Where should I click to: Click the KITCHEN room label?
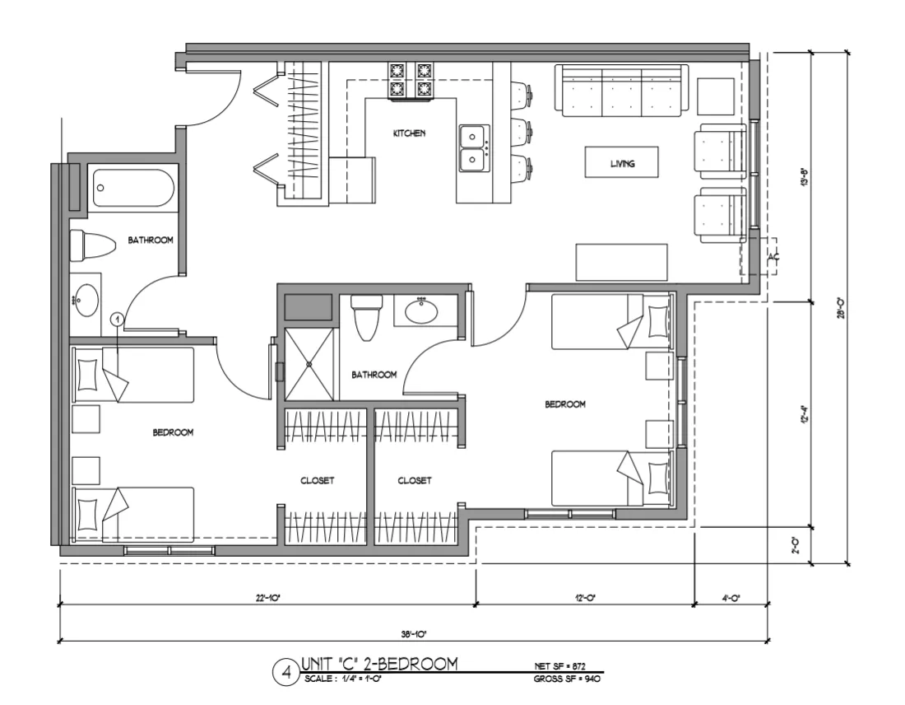click(x=409, y=133)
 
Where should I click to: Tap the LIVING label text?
click(x=622, y=164)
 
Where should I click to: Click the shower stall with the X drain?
click(x=309, y=363)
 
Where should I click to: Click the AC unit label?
click(x=773, y=258)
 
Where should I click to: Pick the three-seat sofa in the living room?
click(x=622, y=91)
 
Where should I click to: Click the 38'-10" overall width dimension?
click(x=413, y=633)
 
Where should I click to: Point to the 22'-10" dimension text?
click(x=268, y=599)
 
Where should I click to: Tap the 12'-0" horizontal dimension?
click(x=585, y=599)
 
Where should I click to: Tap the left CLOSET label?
click(x=318, y=481)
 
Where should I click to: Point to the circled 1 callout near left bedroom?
click(x=117, y=317)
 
